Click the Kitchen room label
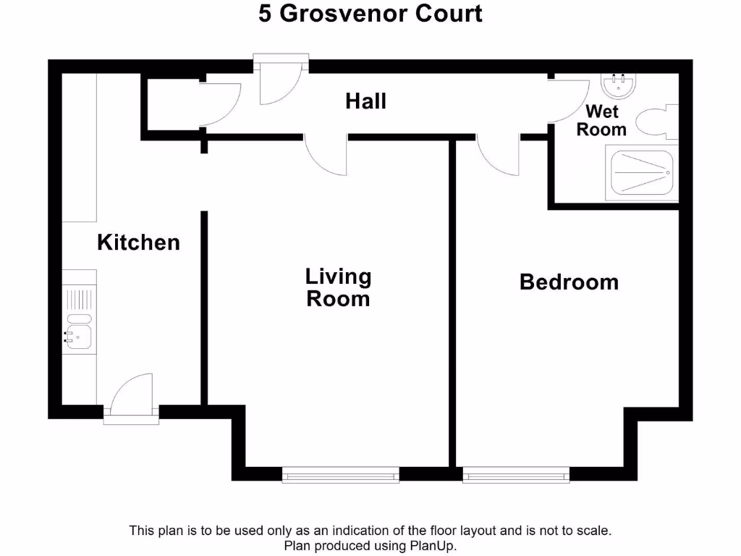138,242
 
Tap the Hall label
365,101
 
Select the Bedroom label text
569,282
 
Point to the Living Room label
338,287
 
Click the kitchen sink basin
79,334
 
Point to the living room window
340,474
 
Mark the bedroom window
516,474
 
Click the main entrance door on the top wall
281,80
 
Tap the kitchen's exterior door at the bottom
132,395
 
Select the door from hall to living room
326,156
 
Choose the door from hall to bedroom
498,156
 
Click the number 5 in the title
266,14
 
